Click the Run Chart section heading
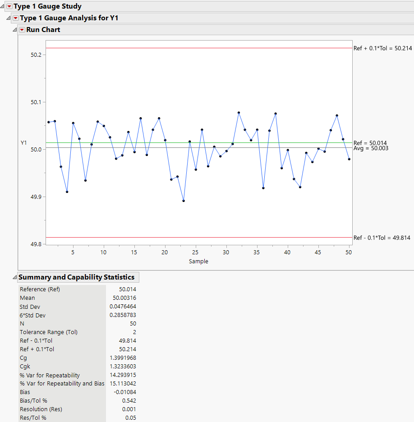[43, 30]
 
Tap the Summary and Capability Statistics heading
[76, 277]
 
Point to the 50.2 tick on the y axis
[36, 55]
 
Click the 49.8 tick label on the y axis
[36, 244]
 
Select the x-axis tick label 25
[195, 252]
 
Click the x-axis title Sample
[198, 261]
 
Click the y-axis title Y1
[24, 143]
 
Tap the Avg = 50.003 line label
[371, 148]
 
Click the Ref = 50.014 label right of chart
[370, 142]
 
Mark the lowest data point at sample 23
[184, 201]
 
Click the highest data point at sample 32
[239, 113]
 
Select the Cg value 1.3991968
[123, 358]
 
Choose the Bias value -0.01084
[125, 392]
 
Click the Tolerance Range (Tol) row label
[49, 332]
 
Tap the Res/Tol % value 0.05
[130, 418]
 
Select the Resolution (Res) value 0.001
[129, 409]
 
